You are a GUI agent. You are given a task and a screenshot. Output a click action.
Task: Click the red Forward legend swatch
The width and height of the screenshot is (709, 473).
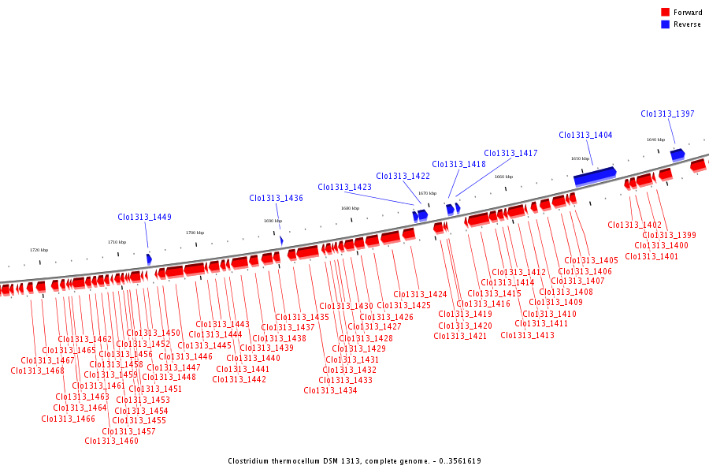point(666,12)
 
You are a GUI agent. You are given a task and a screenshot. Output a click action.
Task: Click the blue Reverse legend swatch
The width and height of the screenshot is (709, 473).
point(666,24)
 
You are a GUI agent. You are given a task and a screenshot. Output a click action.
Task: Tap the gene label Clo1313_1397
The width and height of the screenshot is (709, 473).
point(667,114)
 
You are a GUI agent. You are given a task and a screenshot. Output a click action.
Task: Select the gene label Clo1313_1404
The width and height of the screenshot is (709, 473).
point(585,135)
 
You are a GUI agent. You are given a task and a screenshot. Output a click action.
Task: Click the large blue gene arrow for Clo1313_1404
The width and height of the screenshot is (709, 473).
point(595,176)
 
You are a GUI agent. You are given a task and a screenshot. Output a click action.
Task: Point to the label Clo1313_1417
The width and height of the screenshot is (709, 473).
point(510,153)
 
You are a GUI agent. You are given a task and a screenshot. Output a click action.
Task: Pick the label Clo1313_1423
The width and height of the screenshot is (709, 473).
point(344,187)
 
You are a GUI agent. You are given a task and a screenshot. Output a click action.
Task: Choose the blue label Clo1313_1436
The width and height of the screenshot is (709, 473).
point(276,198)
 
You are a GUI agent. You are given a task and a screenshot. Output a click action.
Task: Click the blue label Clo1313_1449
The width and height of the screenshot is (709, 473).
point(144,217)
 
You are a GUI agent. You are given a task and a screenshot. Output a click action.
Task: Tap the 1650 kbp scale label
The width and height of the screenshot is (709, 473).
point(580,158)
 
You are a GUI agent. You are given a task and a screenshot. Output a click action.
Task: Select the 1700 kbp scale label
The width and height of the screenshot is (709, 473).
point(195,233)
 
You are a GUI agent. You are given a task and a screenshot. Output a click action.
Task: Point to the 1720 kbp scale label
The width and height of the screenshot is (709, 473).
point(39,250)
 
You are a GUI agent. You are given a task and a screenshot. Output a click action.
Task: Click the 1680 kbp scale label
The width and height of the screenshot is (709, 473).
point(350,208)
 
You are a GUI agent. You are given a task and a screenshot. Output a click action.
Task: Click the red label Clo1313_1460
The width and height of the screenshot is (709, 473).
point(111,441)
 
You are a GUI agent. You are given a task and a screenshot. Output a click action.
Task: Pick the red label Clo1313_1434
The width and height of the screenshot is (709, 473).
point(330,390)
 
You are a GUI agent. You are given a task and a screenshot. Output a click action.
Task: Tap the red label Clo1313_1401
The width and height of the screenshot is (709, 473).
point(651,255)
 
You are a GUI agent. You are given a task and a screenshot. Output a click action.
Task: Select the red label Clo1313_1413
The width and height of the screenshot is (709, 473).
point(527,335)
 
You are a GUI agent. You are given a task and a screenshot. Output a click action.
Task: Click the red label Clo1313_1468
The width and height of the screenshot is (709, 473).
point(37,371)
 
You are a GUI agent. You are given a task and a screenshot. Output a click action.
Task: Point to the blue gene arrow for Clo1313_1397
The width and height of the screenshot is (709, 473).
point(677,154)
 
